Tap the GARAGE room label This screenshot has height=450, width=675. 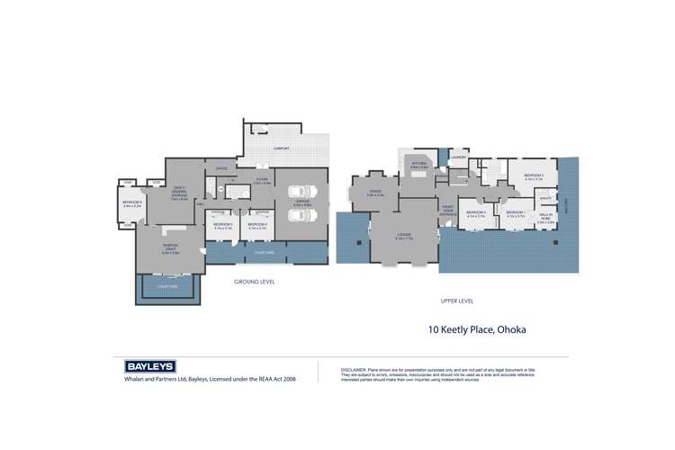(301, 204)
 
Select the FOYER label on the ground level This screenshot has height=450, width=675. (261, 181)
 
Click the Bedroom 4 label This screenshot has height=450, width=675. (257, 224)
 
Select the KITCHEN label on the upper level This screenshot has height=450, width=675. (418, 165)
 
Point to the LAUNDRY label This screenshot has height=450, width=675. (459, 157)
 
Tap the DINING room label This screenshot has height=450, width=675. (374, 192)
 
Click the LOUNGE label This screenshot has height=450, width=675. (402, 236)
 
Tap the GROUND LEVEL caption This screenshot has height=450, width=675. (255, 282)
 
